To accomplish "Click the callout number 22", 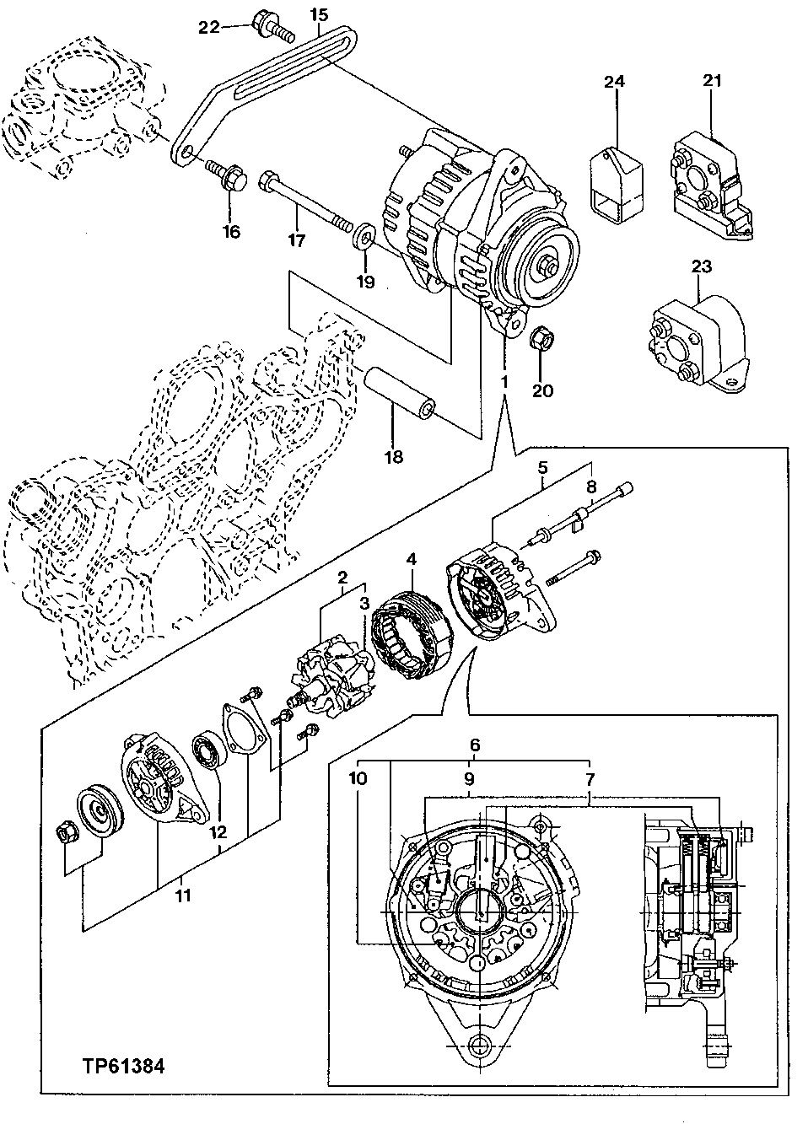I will pos(208,27).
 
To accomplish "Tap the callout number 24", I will pos(615,82).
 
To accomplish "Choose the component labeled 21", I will pos(707,174).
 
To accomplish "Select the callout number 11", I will pos(183,895).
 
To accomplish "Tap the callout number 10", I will pos(358,779).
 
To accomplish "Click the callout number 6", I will pos(475,745).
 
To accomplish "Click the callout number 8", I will pos(590,486).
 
